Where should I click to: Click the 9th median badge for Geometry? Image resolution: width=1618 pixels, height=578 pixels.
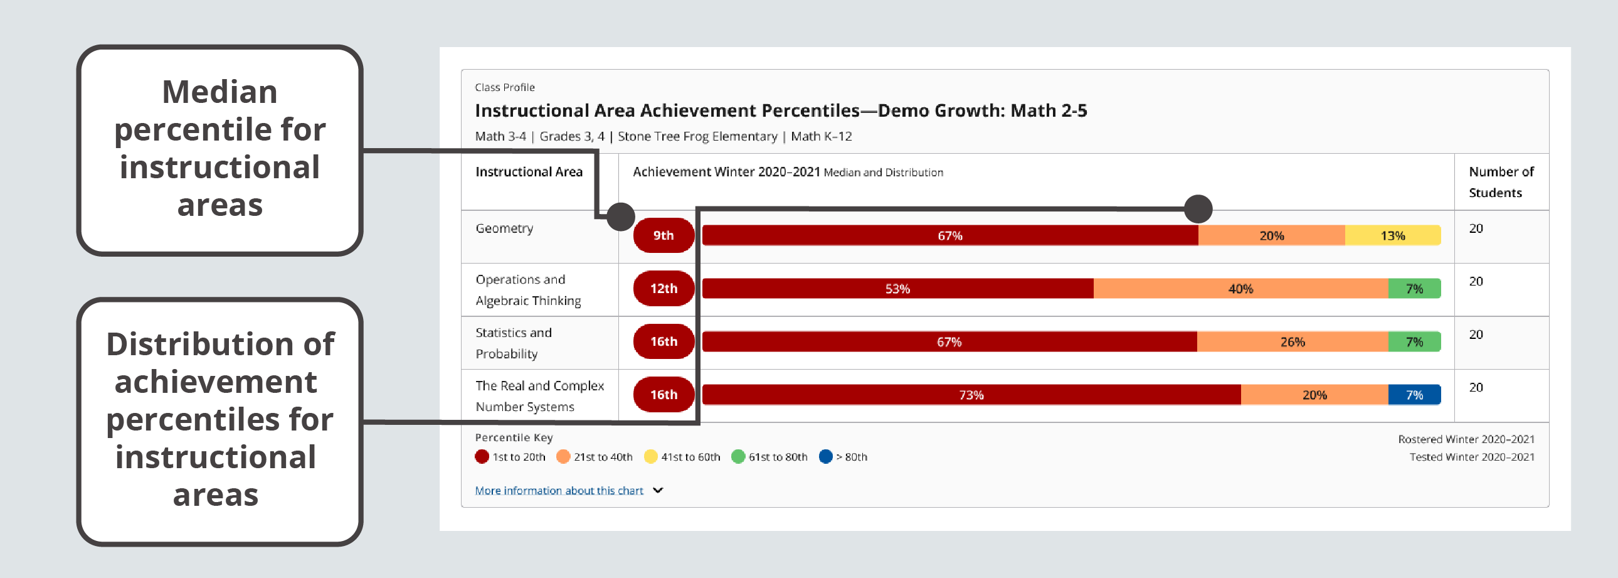tap(664, 235)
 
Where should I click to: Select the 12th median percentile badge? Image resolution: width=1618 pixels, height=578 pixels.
tap(664, 288)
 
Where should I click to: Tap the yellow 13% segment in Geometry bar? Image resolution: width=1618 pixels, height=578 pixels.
tap(1392, 235)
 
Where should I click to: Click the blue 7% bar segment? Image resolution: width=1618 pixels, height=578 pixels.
tap(1414, 395)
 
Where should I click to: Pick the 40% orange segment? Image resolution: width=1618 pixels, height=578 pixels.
tap(1240, 288)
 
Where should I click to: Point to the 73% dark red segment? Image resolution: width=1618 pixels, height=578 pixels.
tap(971, 395)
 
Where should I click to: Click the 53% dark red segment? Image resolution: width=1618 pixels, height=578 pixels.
tap(897, 288)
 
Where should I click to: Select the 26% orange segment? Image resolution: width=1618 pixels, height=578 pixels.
tap(1292, 342)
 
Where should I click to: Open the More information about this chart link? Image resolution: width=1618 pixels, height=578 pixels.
tap(558, 491)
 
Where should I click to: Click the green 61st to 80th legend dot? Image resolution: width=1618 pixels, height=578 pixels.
tap(738, 457)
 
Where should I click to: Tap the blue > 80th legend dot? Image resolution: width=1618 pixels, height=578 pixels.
tap(826, 457)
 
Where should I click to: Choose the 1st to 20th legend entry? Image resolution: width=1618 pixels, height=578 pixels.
tap(510, 457)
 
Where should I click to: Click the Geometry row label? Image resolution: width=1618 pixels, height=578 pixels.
tap(504, 228)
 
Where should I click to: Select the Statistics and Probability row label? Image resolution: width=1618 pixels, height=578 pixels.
tap(513, 343)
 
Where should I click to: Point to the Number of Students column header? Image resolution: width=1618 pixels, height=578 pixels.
tap(1501, 181)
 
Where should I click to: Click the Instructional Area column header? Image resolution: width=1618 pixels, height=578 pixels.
tap(529, 171)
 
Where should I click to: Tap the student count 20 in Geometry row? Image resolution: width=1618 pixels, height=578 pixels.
tap(1476, 228)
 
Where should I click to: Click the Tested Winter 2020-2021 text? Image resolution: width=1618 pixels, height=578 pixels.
tap(1471, 457)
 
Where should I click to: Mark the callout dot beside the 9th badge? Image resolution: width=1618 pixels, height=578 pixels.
tap(621, 217)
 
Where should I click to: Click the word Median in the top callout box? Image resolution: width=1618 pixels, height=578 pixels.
tap(219, 92)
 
